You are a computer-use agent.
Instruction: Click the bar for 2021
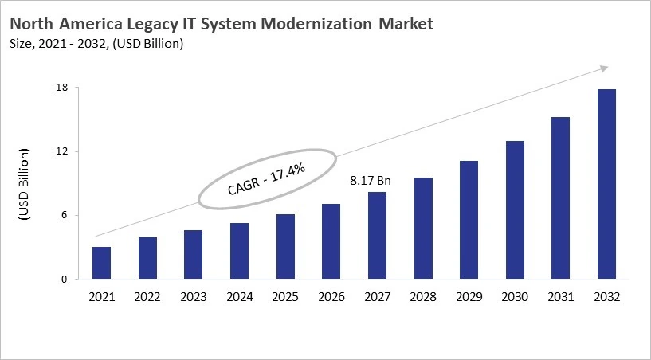tap(101, 263)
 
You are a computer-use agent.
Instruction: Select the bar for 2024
tap(239, 251)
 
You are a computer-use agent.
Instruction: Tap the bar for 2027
tap(377, 236)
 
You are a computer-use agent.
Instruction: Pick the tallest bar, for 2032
tap(606, 184)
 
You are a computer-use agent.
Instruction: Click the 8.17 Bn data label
tap(371, 181)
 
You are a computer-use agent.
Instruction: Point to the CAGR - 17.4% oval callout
tap(267, 179)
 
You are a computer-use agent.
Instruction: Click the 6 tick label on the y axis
tap(63, 215)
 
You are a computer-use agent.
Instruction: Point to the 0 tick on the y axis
tap(63, 280)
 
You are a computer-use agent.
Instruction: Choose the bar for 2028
tap(423, 229)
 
